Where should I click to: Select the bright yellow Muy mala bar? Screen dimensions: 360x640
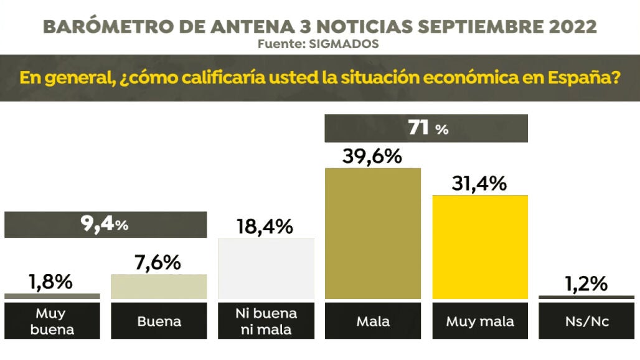480,248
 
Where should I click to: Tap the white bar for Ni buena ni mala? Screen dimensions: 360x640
266,269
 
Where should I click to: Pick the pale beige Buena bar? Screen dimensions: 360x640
159,287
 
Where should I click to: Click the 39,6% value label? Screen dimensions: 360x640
372,156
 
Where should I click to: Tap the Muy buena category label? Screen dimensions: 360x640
51,321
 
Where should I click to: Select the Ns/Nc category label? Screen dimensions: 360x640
586,321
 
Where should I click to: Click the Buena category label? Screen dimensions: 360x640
159,321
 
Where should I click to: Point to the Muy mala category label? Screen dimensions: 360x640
480,321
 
